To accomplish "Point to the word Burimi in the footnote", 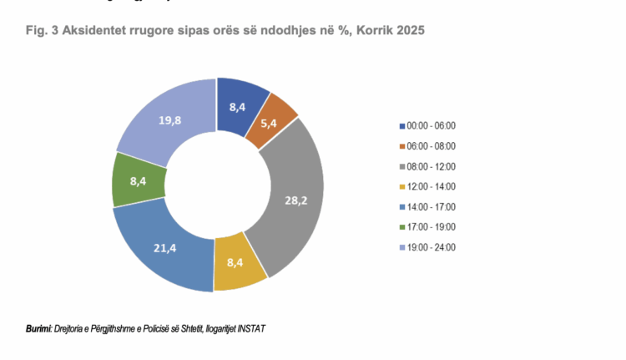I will [x=38, y=327].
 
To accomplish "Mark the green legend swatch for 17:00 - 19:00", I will [x=401, y=226].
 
